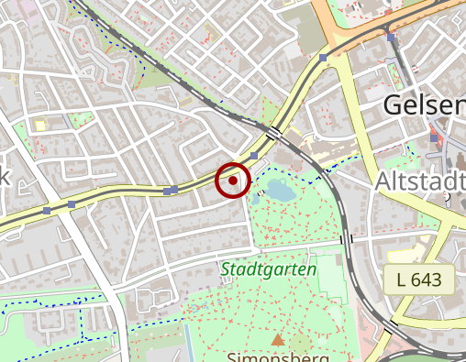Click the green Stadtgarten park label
point(268,270)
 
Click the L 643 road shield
point(426,279)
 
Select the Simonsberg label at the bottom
point(278,357)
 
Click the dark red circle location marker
point(233,181)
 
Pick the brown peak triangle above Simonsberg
point(277,340)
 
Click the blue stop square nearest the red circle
point(254,157)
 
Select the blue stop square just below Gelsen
point(434,137)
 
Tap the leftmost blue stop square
point(46,211)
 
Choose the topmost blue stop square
point(392,38)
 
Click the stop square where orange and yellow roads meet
point(322,58)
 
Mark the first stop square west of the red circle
point(173,190)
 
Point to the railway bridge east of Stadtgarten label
point(346,239)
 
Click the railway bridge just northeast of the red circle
point(273,134)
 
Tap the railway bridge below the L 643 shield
point(392,326)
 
